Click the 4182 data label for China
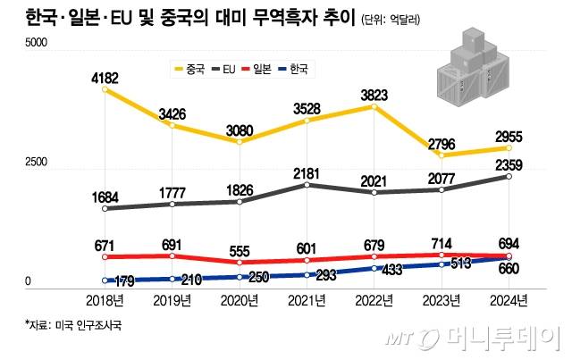coord(105,80)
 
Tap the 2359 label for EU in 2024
coord(508,163)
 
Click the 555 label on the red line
coord(240,251)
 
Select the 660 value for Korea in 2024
coord(508,269)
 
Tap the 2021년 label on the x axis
coord(307,301)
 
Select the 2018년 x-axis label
coord(105,301)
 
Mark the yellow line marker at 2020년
coord(240,142)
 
